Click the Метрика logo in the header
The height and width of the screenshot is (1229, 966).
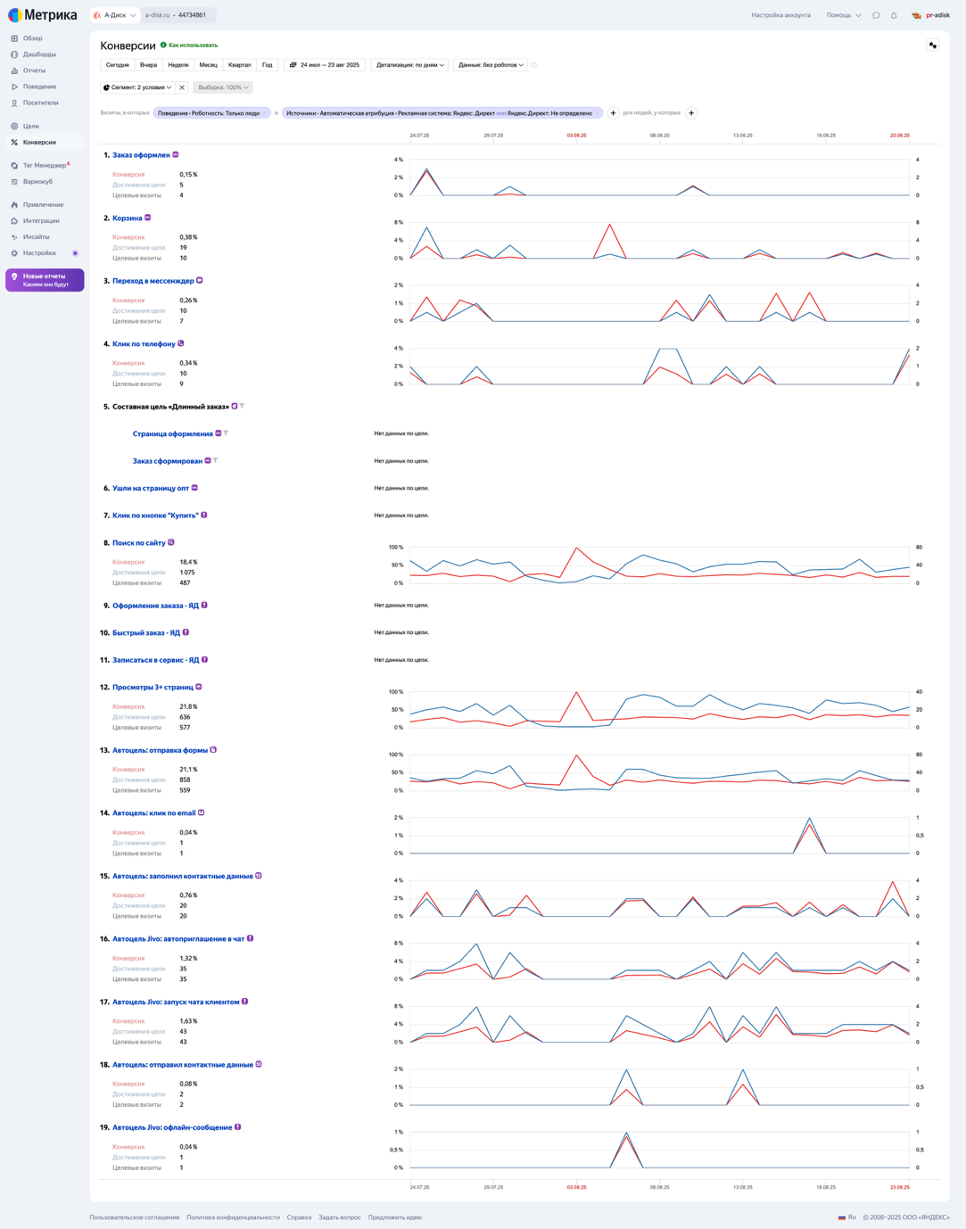coord(43,15)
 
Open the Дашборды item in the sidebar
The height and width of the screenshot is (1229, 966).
coord(39,54)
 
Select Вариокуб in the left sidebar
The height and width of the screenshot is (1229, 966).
coord(37,182)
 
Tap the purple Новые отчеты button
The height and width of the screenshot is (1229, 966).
coord(45,280)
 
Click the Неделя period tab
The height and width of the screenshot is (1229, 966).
coord(178,65)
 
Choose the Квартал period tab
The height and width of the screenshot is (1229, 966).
coord(239,65)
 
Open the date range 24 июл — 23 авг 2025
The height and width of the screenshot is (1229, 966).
coord(325,65)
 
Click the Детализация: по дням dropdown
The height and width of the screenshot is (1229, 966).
coord(409,65)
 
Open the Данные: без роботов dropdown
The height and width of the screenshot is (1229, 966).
coord(491,65)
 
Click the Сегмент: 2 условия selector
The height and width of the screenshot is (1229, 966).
coord(137,87)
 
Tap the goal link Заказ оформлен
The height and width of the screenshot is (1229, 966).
coord(141,155)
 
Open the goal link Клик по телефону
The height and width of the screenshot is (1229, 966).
coord(144,344)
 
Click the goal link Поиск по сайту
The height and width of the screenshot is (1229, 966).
coord(138,543)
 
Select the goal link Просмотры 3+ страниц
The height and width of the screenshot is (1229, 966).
coord(153,688)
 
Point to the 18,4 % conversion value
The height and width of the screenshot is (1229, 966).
coord(188,563)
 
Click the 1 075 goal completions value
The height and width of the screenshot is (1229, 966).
coord(187,573)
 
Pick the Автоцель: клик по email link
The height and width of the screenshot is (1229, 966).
coord(153,813)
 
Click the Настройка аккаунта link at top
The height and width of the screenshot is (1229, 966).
coord(780,15)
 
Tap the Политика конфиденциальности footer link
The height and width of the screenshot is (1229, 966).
coord(233,1217)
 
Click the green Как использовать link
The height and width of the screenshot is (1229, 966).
coord(193,45)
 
